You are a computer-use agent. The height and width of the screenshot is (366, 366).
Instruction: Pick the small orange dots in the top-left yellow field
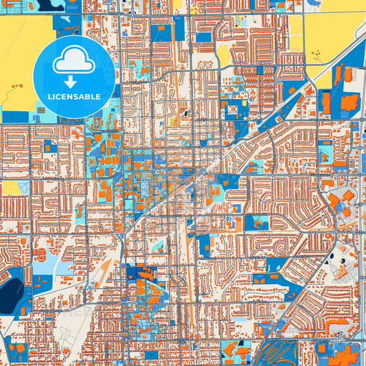(x=15, y=87)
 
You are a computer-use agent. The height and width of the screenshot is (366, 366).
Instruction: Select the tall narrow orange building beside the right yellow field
(x=325, y=103)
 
